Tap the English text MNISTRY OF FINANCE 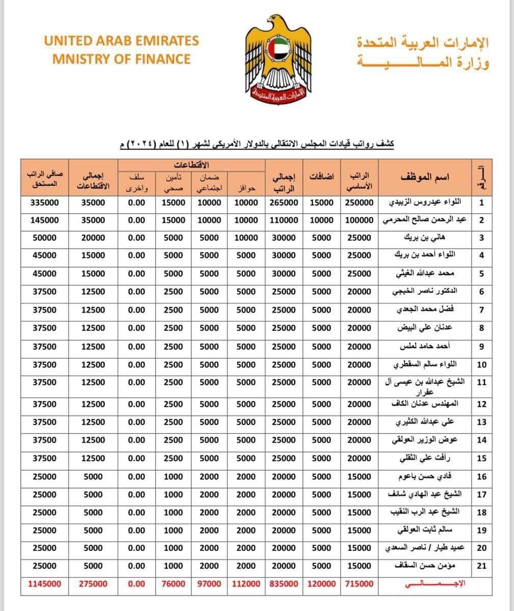pos(121,59)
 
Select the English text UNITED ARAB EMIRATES pos(121,41)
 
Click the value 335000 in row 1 pos(45,203)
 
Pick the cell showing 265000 pos(284,203)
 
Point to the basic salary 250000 pos(359,203)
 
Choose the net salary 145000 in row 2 pos(45,220)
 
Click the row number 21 pos(481,566)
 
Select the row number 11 pos(481,383)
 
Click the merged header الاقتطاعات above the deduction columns pos(192,165)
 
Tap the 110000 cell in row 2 pos(284,220)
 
